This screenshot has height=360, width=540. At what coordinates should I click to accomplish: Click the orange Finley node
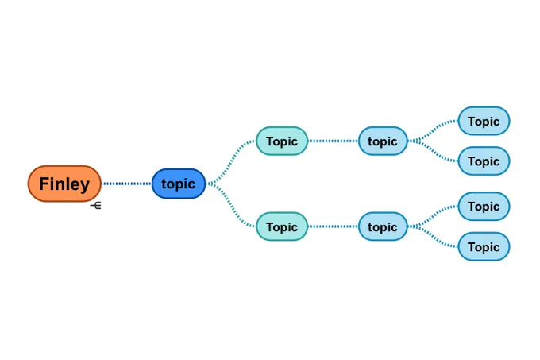64,184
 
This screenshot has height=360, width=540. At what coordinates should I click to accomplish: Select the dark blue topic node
179,184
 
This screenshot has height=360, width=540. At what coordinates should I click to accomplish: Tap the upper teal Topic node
282,141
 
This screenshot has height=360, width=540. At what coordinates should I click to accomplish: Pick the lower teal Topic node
282,226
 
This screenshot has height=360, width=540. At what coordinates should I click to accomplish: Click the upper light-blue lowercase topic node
383,141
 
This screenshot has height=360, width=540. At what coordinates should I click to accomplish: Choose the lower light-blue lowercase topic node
383,226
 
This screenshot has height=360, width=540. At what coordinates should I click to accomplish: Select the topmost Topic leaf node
484,121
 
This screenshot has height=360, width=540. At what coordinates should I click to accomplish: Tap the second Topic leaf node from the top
484,161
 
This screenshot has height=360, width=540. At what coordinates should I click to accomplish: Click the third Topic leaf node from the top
484,207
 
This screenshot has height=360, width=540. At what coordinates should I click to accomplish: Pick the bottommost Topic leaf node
484,246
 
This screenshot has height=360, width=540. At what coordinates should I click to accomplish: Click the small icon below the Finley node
96,206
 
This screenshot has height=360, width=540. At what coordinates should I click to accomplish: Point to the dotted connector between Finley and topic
126,184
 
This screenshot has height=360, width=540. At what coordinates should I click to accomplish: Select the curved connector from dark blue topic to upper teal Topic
231,162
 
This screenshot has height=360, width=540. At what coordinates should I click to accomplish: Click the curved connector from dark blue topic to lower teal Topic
231,205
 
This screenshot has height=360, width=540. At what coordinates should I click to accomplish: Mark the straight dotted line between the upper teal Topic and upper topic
333,141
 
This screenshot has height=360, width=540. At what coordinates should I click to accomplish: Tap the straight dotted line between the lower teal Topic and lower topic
333,226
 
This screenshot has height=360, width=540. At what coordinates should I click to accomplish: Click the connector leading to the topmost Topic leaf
433,131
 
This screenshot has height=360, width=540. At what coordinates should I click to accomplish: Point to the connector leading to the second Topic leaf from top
433,151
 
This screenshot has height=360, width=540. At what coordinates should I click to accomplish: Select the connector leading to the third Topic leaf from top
433,216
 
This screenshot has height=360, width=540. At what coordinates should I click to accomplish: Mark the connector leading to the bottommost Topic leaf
433,236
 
